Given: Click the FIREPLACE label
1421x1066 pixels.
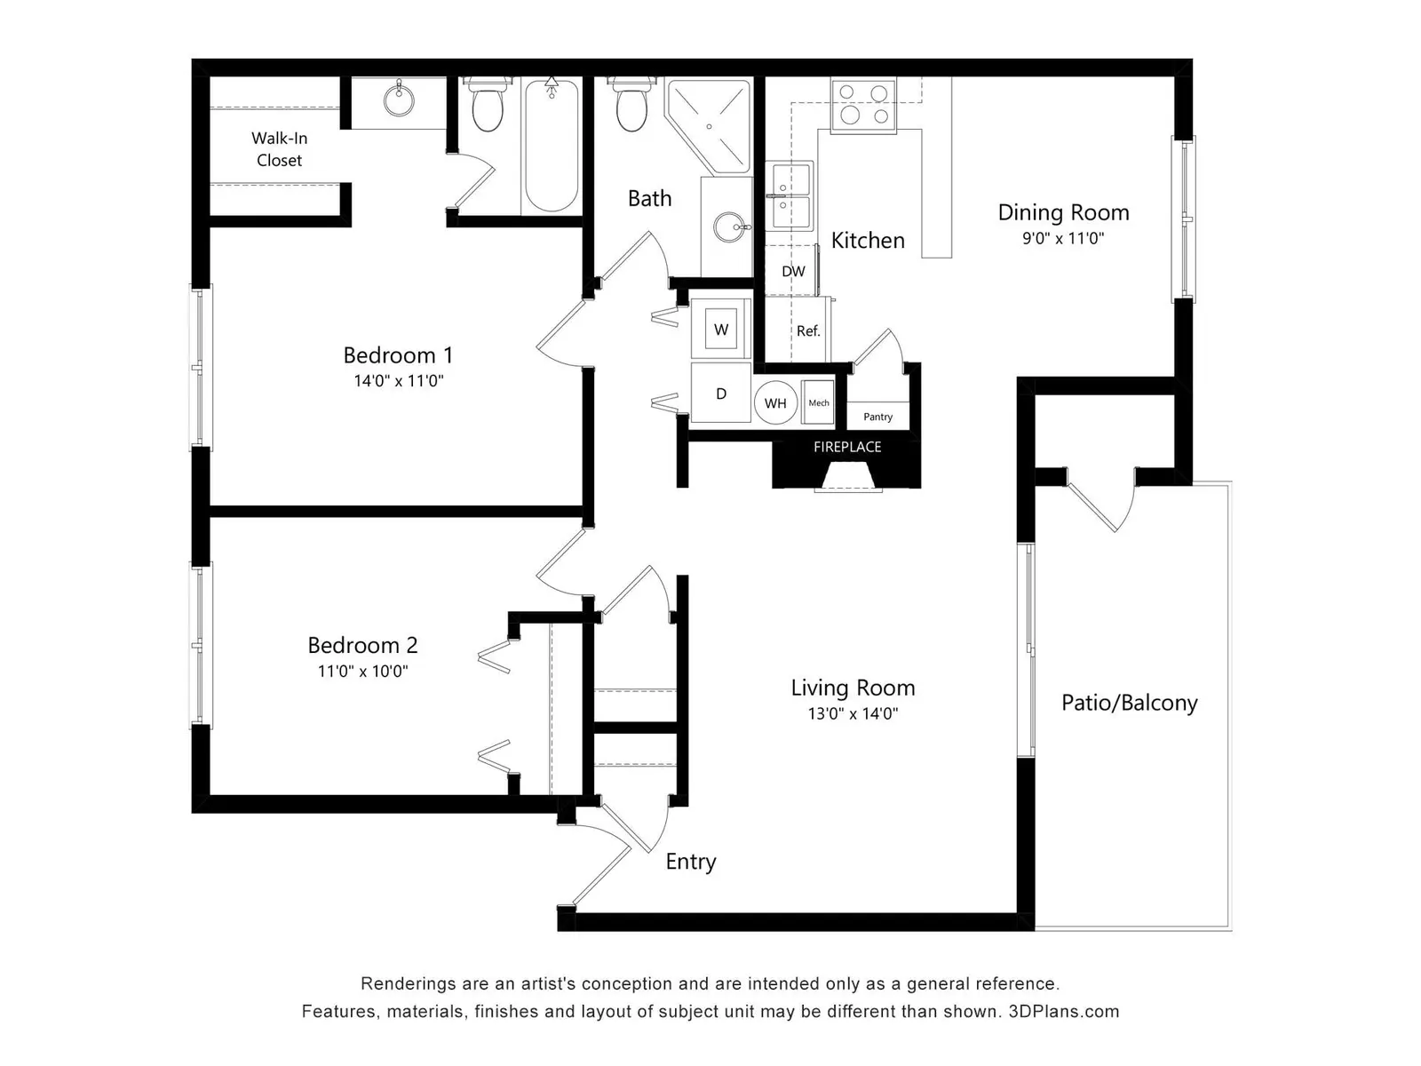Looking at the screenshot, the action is coord(846,447).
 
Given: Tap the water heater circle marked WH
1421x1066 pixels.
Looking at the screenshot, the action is coord(775,403).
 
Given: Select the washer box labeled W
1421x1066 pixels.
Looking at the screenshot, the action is coord(721,329).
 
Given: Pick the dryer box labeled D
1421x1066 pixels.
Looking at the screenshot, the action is coord(720,393).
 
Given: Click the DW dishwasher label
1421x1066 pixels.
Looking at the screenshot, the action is coord(793,271).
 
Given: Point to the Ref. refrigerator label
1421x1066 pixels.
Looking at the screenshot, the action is coord(808,330).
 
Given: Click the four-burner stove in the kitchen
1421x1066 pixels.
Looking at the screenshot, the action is coord(863,106).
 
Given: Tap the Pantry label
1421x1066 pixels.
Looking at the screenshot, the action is coord(877,417).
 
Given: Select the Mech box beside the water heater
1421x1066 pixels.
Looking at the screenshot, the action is coord(818,402).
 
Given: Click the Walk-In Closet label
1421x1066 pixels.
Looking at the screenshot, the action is coord(279,149).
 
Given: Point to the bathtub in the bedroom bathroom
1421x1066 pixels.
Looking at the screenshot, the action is coord(551,146).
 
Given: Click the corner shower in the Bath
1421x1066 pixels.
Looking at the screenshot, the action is coord(709,125).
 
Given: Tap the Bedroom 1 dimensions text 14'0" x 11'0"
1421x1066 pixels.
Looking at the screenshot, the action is coord(398,380).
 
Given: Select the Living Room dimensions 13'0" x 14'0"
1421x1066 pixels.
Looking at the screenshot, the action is coord(853,714).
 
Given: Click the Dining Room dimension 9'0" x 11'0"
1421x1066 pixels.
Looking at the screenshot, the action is coord(1063,238).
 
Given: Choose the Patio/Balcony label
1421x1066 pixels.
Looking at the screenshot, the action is coord(1129,703).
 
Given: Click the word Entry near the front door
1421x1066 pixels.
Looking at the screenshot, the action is coord(691,862).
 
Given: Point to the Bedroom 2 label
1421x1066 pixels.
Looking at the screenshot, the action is coord(362,645).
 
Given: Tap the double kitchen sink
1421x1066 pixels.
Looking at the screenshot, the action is coord(790,195).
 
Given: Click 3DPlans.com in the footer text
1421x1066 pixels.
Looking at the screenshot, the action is coord(1064,1012).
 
